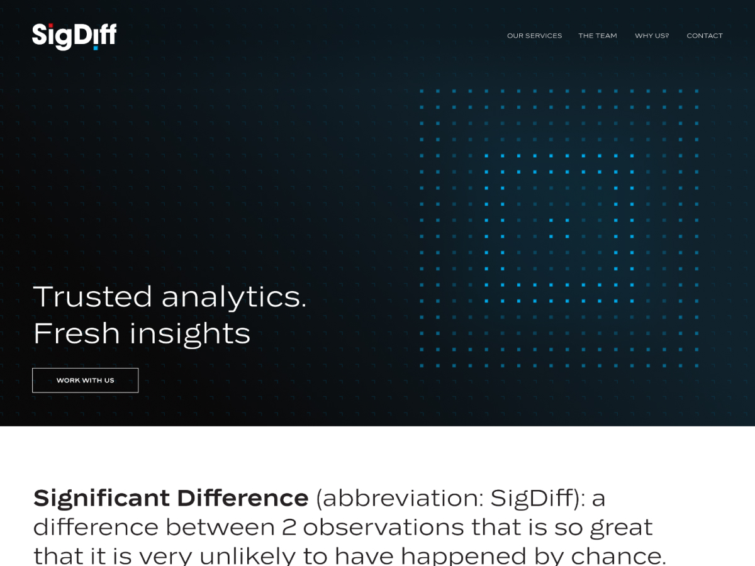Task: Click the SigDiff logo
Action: point(74,36)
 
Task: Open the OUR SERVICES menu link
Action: point(534,36)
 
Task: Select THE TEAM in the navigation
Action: point(598,36)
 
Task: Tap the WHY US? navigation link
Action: point(652,36)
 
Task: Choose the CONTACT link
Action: point(705,36)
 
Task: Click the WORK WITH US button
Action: point(86,380)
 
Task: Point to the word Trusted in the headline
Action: point(92,296)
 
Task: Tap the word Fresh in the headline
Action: point(76,333)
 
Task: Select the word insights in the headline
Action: point(190,334)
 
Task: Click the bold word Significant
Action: point(101,498)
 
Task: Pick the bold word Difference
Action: point(243,497)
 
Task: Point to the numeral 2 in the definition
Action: point(289,527)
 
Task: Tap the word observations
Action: point(383,527)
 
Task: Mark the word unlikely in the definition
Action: point(247,556)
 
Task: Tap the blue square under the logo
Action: point(96,48)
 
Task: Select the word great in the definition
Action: point(621,528)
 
